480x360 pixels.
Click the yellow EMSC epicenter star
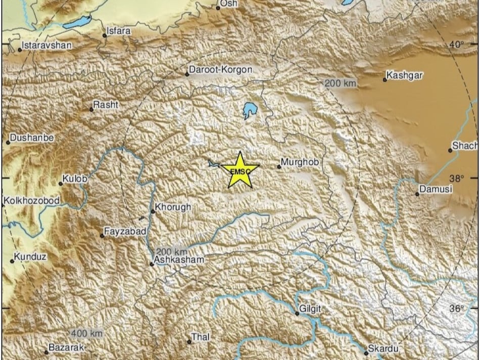coord(240,170)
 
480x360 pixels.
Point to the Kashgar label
coord(405,76)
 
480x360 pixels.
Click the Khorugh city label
coord(173,207)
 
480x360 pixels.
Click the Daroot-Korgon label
coord(220,70)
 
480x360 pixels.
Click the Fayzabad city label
coord(125,232)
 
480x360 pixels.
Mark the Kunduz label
coord(30,257)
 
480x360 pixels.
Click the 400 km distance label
coord(87,333)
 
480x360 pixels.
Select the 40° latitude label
coord(457,44)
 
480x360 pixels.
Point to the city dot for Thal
coord(189,342)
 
